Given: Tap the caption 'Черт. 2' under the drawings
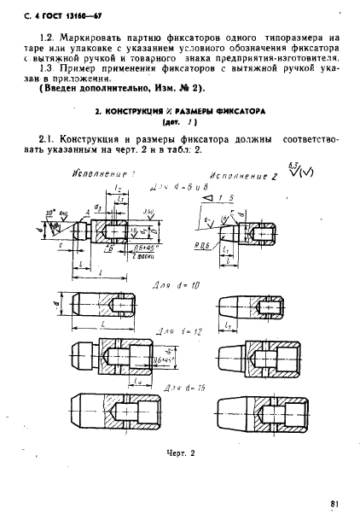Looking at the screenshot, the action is [x=181, y=454].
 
